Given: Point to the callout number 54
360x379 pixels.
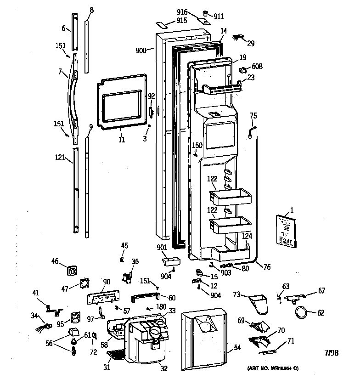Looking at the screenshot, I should tap(237, 348).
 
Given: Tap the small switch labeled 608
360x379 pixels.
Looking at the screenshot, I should tap(243, 70).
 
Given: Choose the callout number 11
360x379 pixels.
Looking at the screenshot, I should tap(121, 140).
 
